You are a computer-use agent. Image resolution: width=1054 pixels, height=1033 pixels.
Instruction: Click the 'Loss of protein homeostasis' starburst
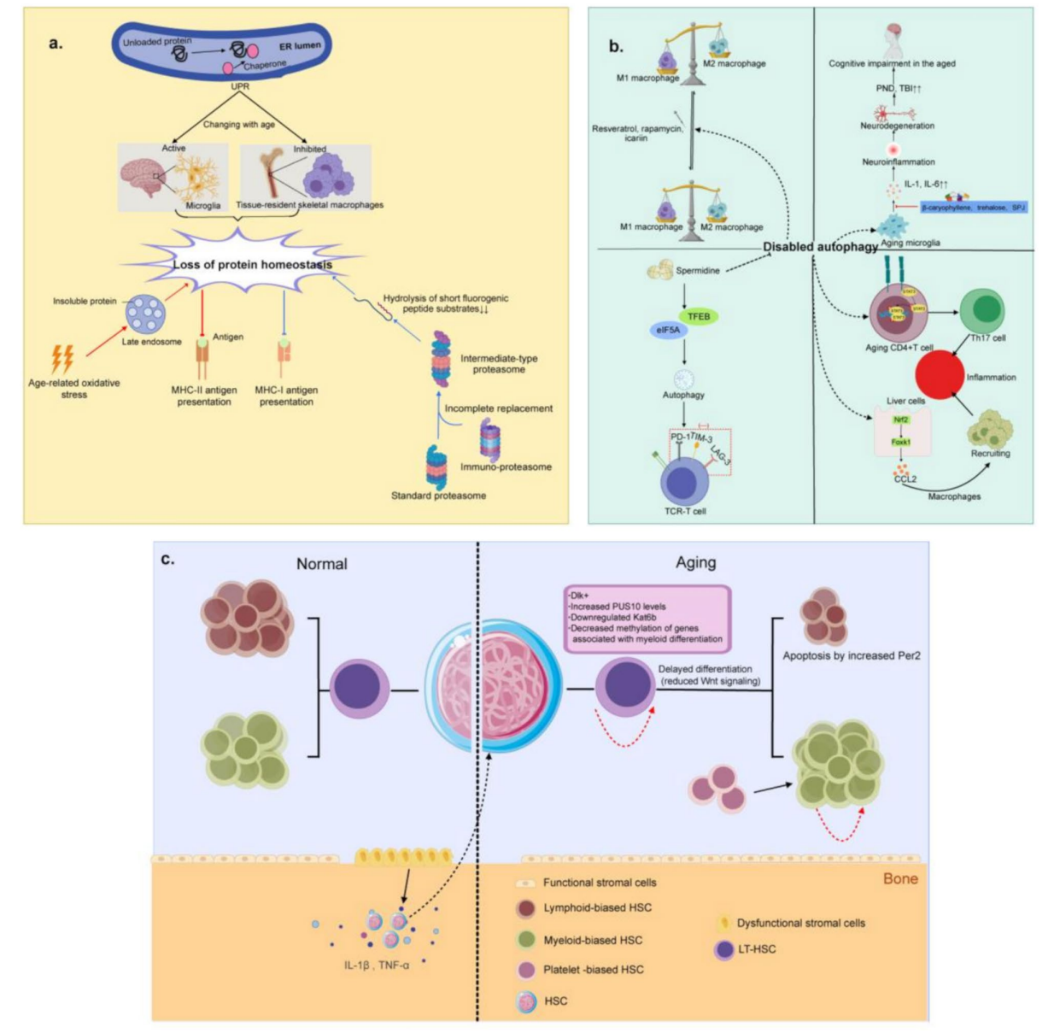pyautogui.click(x=252, y=264)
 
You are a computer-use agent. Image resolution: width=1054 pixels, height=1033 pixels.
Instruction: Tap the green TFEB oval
pyautogui.click(x=699, y=316)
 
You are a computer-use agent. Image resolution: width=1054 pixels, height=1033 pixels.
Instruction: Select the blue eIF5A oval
pyautogui.click(x=668, y=330)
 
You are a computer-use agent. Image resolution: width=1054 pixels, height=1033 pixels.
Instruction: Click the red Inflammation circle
pyautogui.click(x=940, y=375)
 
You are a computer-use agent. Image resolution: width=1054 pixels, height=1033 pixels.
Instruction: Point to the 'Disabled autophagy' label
pyautogui.click(x=820, y=247)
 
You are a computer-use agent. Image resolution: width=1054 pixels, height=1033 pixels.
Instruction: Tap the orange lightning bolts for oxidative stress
pyautogui.click(x=62, y=358)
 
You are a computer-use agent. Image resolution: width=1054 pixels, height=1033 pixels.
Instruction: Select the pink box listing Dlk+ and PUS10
pyautogui.click(x=647, y=618)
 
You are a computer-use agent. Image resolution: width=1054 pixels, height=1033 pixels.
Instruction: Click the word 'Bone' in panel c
pyautogui.click(x=900, y=878)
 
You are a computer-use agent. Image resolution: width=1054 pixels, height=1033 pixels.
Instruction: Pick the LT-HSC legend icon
pyautogui.click(x=725, y=949)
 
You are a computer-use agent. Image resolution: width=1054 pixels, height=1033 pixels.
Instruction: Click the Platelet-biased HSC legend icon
pyautogui.click(x=527, y=970)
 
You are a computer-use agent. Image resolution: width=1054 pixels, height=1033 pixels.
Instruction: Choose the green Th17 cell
pyautogui.click(x=983, y=310)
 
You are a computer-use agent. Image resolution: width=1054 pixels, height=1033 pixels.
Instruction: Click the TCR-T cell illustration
pyautogui.click(x=683, y=481)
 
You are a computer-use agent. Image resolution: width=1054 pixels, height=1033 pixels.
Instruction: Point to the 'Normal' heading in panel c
pyautogui.click(x=321, y=564)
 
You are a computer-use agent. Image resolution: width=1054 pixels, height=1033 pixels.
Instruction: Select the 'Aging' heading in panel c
pyautogui.click(x=695, y=562)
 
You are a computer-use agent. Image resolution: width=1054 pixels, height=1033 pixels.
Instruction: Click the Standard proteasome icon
pyautogui.click(x=436, y=467)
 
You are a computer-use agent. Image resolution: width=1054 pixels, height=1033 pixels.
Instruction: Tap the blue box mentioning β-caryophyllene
pyautogui.click(x=973, y=208)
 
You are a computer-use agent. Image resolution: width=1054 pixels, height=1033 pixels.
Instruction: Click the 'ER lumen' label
pyautogui.click(x=300, y=46)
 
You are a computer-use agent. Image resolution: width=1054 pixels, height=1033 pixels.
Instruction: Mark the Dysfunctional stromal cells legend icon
pyautogui.click(x=725, y=923)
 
